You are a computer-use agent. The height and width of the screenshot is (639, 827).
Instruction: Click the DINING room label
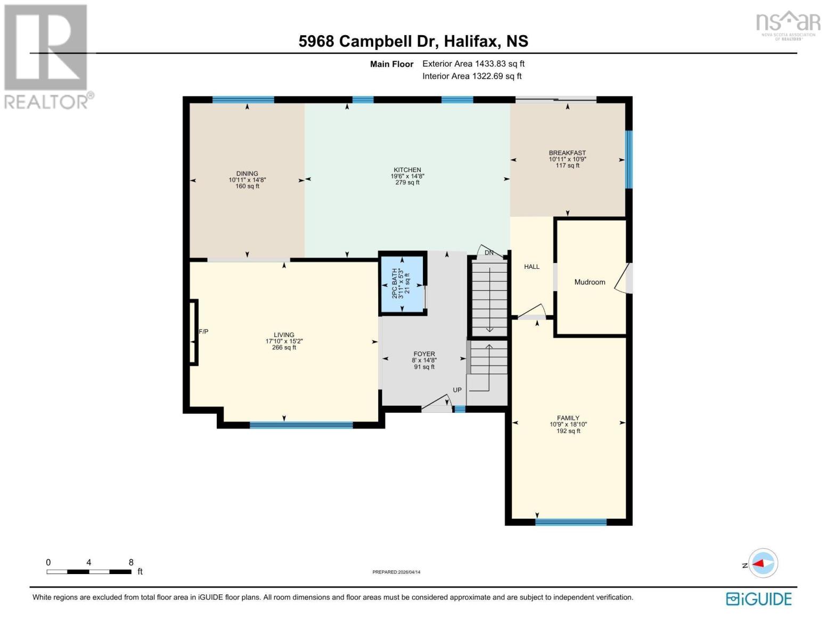pyautogui.click(x=247, y=174)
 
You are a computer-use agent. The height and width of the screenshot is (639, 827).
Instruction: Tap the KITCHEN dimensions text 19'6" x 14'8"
pyautogui.click(x=407, y=176)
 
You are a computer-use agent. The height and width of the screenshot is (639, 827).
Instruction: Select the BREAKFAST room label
pyautogui.click(x=567, y=153)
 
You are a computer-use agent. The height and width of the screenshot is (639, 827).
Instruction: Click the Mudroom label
pyautogui.click(x=589, y=282)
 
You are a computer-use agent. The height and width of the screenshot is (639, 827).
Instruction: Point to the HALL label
pyautogui.click(x=531, y=267)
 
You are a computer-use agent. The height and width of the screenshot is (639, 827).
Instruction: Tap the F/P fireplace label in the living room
pyautogui.click(x=203, y=332)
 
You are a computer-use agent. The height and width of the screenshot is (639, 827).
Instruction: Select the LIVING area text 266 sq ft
pyautogui.click(x=284, y=348)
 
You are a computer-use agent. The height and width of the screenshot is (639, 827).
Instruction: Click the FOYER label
pyautogui.click(x=424, y=354)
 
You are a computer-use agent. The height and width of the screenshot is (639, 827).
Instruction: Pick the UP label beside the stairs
pyautogui.click(x=457, y=390)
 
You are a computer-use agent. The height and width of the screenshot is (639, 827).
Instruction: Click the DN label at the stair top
pyautogui.click(x=489, y=252)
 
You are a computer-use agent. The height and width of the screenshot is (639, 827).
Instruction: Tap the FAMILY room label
pyautogui.click(x=568, y=418)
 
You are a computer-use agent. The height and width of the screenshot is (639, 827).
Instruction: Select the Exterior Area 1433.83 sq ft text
pyautogui.click(x=473, y=64)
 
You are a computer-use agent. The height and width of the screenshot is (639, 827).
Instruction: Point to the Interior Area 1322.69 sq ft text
pyautogui.click(x=472, y=76)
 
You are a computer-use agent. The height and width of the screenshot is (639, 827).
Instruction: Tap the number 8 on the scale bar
pyautogui.click(x=131, y=562)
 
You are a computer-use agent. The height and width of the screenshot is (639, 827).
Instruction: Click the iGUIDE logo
pyautogui.click(x=759, y=599)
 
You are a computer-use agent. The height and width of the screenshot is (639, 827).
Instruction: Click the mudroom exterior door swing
pyautogui.click(x=622, y=278)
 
